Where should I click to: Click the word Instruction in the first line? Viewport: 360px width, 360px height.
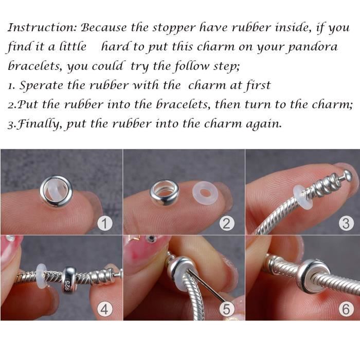click(41, 27)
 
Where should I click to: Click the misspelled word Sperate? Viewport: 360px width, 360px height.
click(43, 85)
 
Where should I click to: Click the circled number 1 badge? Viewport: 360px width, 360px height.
click(105, 223)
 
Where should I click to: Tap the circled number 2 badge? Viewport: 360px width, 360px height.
click(227, 223)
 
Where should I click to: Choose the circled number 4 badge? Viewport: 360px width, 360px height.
click(105, 309)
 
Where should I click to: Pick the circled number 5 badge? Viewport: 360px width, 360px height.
click(227, 309)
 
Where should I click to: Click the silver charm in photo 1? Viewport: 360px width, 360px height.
click(56, 191)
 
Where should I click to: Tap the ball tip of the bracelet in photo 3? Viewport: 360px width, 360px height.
click(348, 176)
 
